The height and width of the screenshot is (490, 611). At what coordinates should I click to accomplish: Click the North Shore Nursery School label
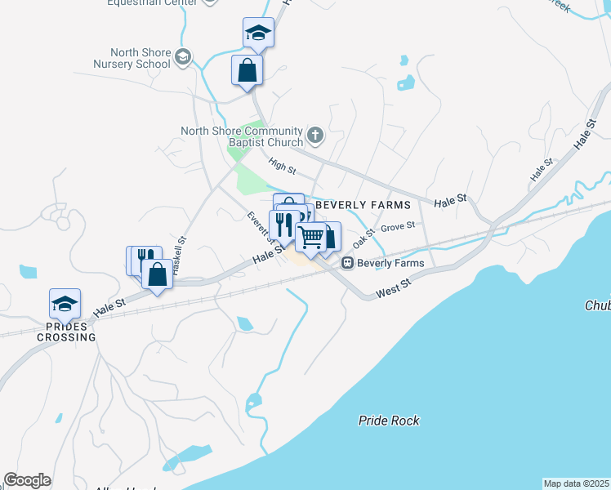point(131,58)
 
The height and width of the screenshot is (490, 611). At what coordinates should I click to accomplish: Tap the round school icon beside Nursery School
point(182,57)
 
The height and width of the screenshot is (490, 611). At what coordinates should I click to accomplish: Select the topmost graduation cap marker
point(258,33)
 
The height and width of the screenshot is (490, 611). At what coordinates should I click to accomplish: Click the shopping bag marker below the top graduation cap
point(247,70)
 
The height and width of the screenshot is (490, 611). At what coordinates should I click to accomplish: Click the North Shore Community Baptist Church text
point(241,136)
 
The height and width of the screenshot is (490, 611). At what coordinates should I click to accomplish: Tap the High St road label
point(281,166)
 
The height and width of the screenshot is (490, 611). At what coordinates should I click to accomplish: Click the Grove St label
point(398,225)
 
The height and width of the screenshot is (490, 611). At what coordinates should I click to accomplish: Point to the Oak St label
point(363,238)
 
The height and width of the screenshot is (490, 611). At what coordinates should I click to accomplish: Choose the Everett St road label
point(261,227)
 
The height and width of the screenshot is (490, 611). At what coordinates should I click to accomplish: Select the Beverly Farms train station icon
point(347,263)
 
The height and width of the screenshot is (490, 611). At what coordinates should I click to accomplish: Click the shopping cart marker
point(311,238)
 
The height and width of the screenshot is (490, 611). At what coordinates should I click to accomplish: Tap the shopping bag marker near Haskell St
point(157,274)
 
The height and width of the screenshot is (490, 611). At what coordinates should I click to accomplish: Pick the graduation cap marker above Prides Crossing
point(65,305)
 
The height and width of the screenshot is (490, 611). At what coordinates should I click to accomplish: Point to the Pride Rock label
point(389,421)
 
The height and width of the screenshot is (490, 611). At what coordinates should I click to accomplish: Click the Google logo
point(27,480)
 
